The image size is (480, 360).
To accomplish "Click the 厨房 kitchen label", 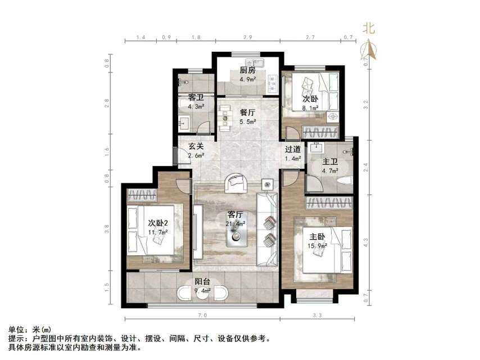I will click(247, 70).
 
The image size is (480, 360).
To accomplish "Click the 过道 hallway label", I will click(292, 150).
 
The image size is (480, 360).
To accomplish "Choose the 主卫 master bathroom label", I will click(329, 163).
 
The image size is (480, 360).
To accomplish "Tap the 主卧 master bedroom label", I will click(311, 237).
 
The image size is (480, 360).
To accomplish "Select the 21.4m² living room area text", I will click(235, 224).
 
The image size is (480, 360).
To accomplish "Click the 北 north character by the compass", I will click(369, 28).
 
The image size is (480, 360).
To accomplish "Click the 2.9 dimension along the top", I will click(247, 37).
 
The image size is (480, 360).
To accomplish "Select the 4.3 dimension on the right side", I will click(366, 240).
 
